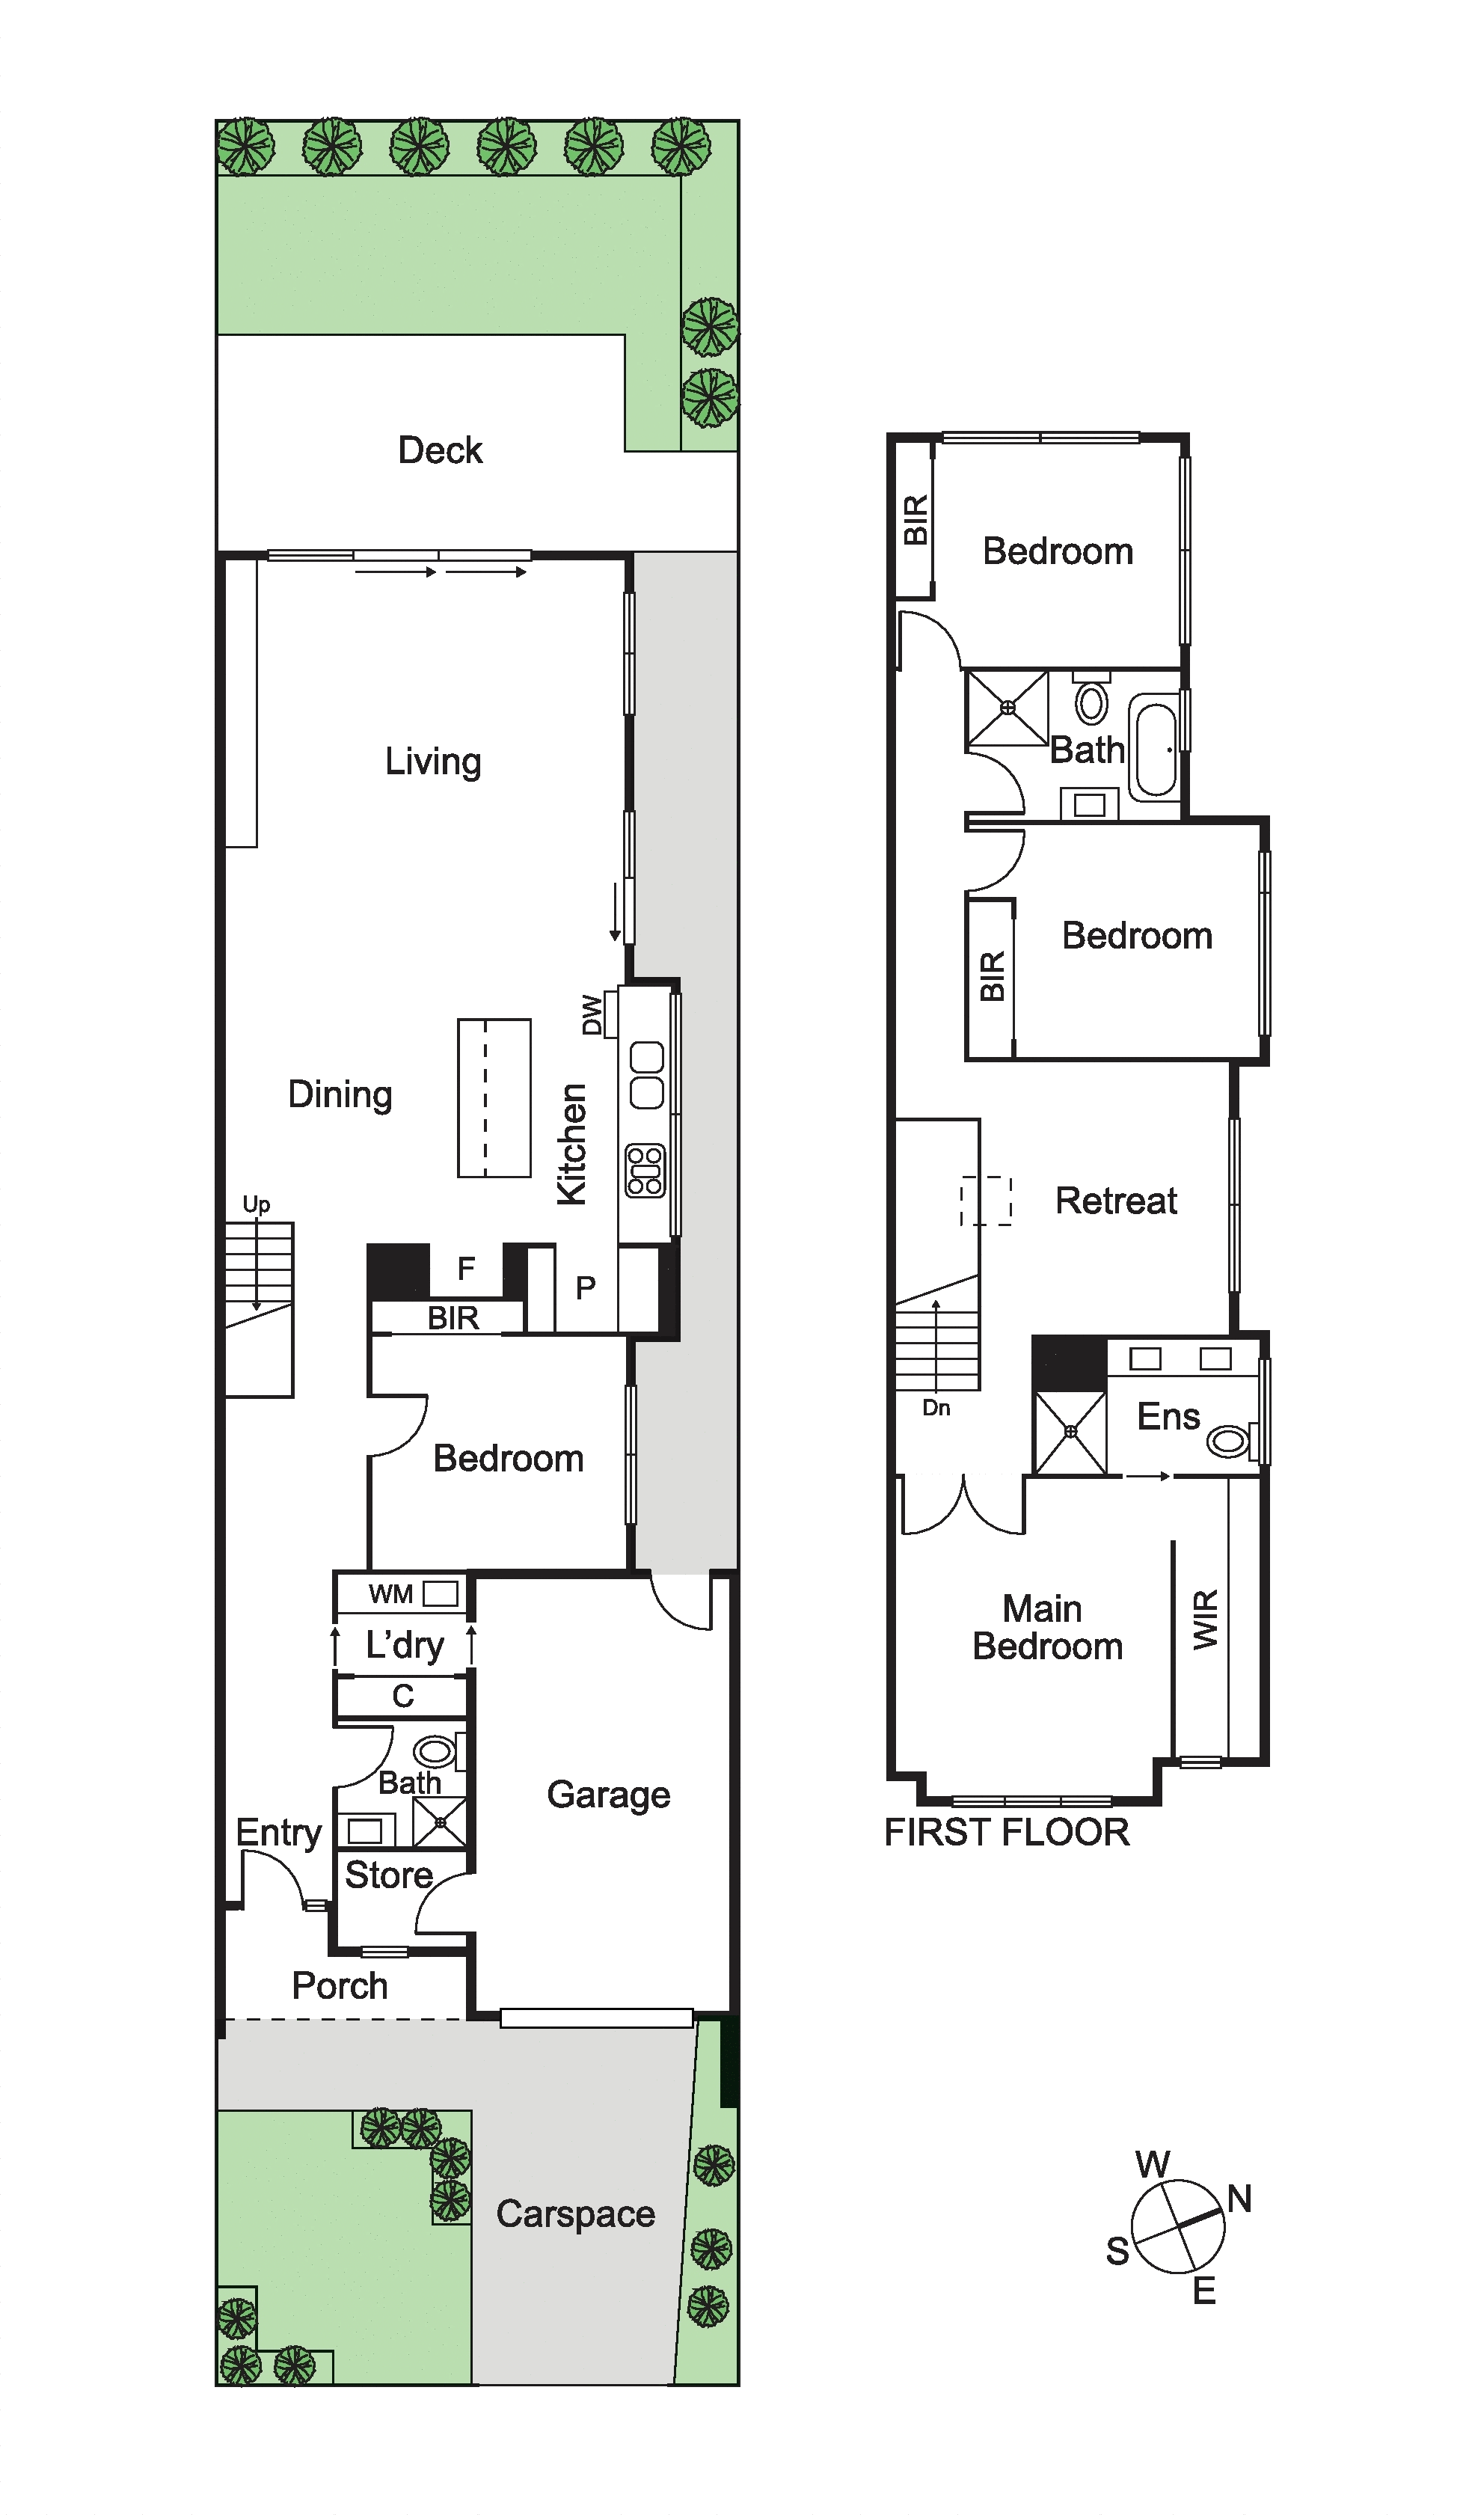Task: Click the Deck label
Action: pyautogui.click(x=440, y=450)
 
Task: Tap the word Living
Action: pyautogui.click(x=433, y=762)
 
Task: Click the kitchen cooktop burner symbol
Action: pyautogui.click(x=645, y=1171)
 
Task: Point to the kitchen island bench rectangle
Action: pyautogui.click(x=494, y=1098)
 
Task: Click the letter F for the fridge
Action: pyautogui.click(x=465, y=1269)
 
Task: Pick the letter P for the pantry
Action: pyautogui.click(x=586, y=1287)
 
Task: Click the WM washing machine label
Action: pyautogui.click(x=390, y=1594)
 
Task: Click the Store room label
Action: pyautogui.click(x=389, y=1875)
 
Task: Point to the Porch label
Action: pyautogui.click(x=340, y=1985)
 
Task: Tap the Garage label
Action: pyautogui.click(x=609, y=1795)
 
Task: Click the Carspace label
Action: pyautogui.click(x=576, y=2214)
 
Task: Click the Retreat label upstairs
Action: pyautogui.click(x=1117, y=1200)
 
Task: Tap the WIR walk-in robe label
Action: pyautogui.click(x=1206, y=1619)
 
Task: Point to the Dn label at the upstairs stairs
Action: pyautogui.click(x=936, y=1408)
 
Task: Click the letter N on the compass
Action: pyautogui.click(x=1239, y=2198)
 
